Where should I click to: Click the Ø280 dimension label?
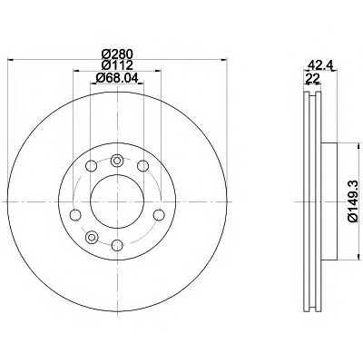click(x=117, y=54)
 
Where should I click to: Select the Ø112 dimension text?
click(x=117, y=65)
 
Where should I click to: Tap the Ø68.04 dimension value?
click(x=117, y=78)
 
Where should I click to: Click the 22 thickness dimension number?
click(x=313, y=78)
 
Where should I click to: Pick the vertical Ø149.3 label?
click(x=353, y=201)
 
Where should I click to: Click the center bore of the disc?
click(x=117, y=201)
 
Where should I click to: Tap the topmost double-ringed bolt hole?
click(x=117, y=161)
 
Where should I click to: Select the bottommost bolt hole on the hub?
click(x=117, y=245)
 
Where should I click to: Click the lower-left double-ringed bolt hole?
click(x=91, y=237)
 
